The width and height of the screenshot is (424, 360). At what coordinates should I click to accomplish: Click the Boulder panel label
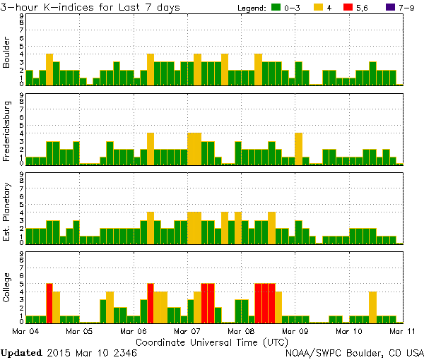click(x=7, y=54)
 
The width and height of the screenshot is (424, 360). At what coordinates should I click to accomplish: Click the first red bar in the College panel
click(x=49, y=303)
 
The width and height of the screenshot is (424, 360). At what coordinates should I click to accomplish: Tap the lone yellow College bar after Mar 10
click(x=372, y=307)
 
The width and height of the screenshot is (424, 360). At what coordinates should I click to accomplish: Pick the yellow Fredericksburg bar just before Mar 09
click(x=298, y=148)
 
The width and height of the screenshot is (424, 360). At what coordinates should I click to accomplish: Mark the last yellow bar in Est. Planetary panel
click(x=271, y=227)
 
